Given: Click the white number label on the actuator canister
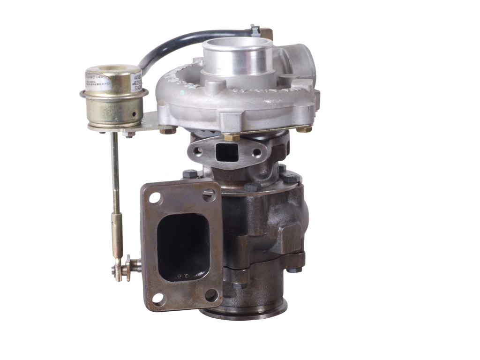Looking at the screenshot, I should [x=138, y=81].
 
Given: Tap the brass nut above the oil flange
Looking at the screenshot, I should [x=229, y=137].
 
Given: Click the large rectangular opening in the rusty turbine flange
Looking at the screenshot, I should [x=182, y=247].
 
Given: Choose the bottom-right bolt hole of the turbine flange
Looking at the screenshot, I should [x=211, y=295].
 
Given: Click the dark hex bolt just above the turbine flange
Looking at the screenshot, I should [x=189, y=175].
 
